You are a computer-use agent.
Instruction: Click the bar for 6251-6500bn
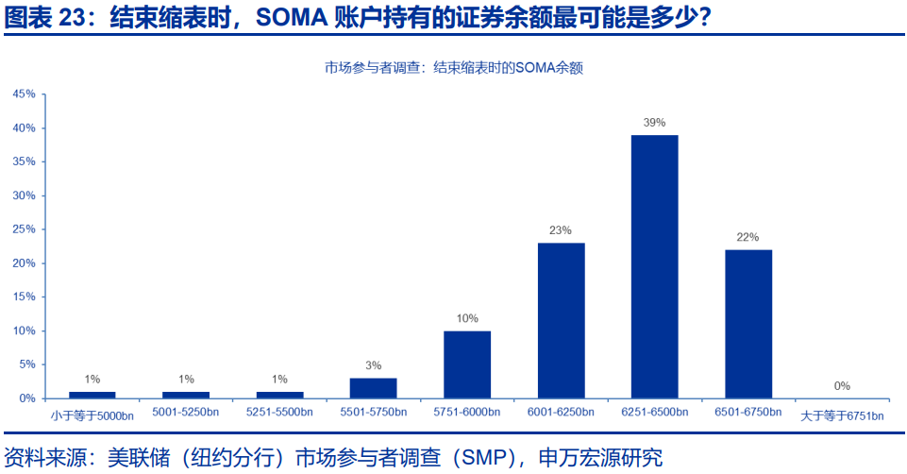click(x=654, y=266)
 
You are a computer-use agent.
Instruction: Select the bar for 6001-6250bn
click(x=561, y=320)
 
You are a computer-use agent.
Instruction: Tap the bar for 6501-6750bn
click(x=748, y=324)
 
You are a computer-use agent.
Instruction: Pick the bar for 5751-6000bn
click(x=467, y=364)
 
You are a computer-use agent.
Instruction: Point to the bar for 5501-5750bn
click(x=373, y=387)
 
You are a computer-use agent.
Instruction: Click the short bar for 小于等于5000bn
click(x=92, y=395)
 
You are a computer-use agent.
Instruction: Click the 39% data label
click(x=654, y=123)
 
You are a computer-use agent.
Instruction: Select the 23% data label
click(x=561, y=230)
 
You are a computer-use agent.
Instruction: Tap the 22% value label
click(x=747, y=237)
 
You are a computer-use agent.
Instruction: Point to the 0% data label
click(x=842, y=385)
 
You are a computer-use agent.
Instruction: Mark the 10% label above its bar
click(x=467, y=318)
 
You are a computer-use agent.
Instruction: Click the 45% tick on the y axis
click(x=24, y=94)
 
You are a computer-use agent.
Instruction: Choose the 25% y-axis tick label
click(x=24, y=229)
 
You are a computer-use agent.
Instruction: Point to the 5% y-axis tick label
click(x=26, y=364)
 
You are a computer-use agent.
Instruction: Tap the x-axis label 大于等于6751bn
click(x=842, y=415)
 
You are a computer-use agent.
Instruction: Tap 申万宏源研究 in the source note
click(x=600, y=458)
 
